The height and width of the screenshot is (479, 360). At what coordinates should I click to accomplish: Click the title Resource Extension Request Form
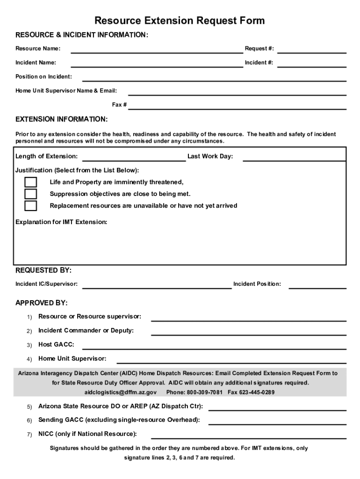click(x=180, y=21)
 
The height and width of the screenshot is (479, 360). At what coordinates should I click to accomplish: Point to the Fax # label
click(x=119, y=105)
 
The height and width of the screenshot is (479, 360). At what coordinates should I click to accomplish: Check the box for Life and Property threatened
click(x=31, y=182)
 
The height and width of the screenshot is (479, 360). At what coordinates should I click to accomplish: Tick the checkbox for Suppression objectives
click(x=31, y=194)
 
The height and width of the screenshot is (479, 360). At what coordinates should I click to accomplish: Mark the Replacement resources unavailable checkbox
click(x=31, y=206)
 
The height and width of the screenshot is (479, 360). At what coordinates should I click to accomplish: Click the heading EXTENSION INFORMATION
click(x=62, y=119)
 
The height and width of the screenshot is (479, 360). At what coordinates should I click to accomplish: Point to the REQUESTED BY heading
click(x=43, y=270)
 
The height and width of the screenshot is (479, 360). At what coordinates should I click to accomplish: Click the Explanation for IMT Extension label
click(x=61, y=222)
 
